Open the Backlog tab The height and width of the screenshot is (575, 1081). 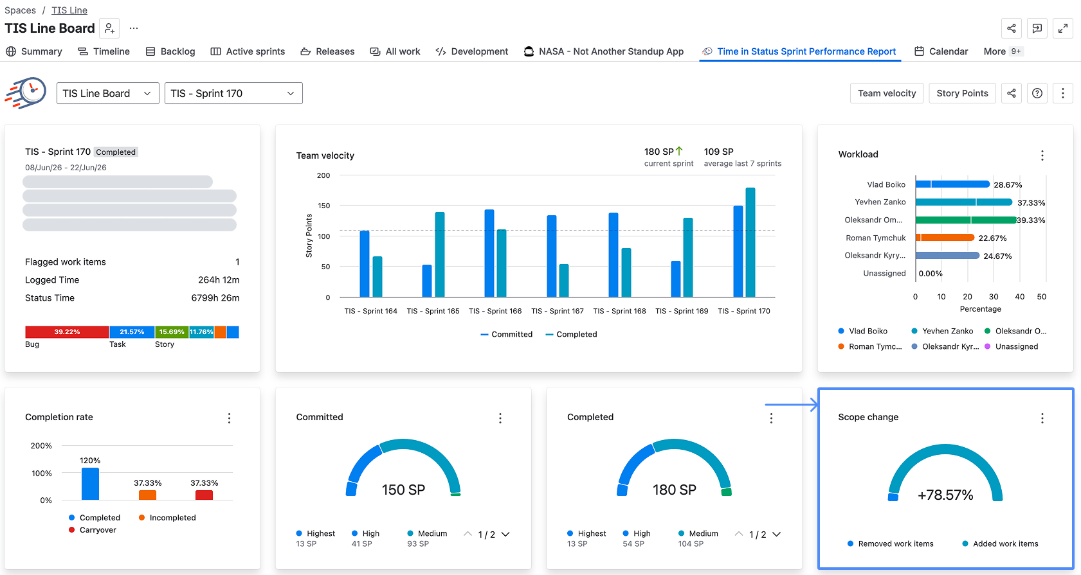tap(170, 51)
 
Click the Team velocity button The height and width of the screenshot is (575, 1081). tap(887, 93)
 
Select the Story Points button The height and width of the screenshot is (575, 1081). tap(962, 93)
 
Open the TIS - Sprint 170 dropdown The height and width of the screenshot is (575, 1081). tap(233, 93)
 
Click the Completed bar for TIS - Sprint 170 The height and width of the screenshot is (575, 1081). tap(750, 242)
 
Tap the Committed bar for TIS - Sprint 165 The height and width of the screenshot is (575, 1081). tap(427, 281)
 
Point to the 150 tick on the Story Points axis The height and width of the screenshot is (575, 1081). tap(324, 206)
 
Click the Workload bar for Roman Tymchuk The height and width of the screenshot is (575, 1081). tap(945, 238)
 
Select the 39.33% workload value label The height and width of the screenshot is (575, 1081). tap(1031, 220)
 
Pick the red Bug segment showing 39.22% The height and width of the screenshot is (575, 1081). tap(67, 332)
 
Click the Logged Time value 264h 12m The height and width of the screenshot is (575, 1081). tap(219, 280)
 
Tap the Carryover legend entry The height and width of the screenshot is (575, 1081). tap(92, 529)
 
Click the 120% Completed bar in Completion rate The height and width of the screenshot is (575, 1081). tap(90, 483)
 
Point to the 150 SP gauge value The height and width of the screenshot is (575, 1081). tap(403, 490)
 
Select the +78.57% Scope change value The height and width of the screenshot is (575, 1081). tap(945, 495)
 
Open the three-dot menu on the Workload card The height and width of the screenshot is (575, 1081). tap(1042, 155)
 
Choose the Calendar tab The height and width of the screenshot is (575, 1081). tap(941, 51)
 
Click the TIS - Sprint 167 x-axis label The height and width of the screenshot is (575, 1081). tap(558, 311)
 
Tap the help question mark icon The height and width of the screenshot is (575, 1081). tap(1037, 93)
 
